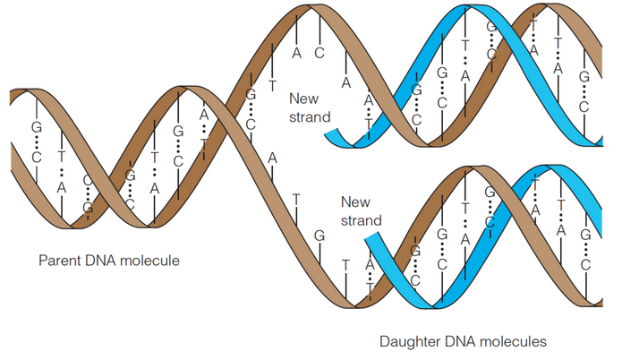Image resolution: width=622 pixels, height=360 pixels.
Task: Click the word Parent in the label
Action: point(58,261)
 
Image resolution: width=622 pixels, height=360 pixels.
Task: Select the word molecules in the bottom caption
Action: point(511,341)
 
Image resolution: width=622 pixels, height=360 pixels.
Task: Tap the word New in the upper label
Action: point(302,98)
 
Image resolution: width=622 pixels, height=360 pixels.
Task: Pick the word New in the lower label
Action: point(355,201)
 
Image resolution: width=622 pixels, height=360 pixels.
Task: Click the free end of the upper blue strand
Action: point(331,135)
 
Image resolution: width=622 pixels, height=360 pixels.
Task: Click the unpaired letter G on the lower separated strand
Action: point(320,235)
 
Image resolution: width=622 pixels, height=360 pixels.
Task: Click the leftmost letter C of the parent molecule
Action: point(37,158)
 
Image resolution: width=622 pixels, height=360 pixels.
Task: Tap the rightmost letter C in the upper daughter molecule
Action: point(584,107)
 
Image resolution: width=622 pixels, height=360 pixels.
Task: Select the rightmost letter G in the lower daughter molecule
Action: point(584,235)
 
